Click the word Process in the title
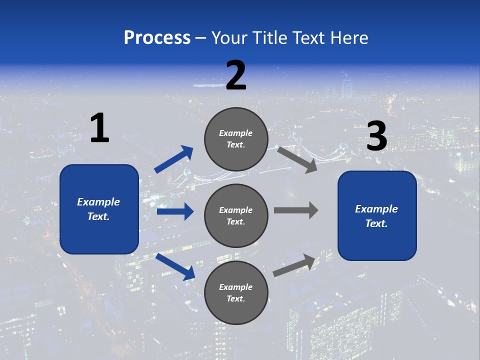coord(157,37)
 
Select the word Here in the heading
coord(349,37)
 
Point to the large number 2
coord(236,75)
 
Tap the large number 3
coord(376,136)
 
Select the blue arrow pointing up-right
coord(174,159)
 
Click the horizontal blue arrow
coord(175,211)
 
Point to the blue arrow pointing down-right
coord(175,266)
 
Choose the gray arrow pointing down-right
coord(297,159)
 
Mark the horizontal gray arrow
coord(295,210)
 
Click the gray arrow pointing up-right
coord(294,265)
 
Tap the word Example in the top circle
coord(236,133)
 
